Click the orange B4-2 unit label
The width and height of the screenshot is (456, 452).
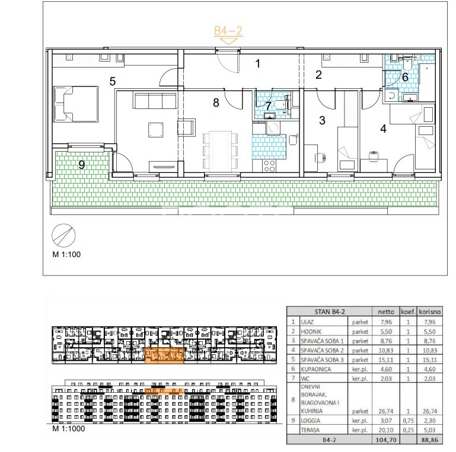pos(228,31)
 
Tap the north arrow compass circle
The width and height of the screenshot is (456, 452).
pos(63,235)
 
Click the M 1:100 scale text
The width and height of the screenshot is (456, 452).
pos(66,255)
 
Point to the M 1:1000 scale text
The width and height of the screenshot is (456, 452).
pos(69,428)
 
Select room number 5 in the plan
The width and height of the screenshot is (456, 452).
pos(113,81)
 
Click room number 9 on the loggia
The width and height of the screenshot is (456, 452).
pos(82,165)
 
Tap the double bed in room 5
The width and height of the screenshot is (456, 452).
pos(76,104)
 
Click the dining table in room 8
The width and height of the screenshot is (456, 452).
pos(221,150)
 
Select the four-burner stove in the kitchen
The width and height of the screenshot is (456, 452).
pos(269,166)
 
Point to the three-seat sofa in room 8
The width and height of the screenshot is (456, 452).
pos(155,101)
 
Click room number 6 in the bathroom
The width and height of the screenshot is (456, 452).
pos(405,77)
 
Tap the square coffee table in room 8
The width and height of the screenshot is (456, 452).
pos(155,130)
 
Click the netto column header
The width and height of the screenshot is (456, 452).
pos(386,312)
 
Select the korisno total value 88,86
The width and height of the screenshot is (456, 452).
pos(429,440)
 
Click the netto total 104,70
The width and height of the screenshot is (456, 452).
pos(386,440)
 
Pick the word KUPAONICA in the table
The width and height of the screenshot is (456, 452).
pos(316,369)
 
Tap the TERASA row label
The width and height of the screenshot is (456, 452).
pos(310,430)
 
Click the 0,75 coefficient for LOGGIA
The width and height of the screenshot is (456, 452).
pos(409,421)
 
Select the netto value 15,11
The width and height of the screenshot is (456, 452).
pos(386,360)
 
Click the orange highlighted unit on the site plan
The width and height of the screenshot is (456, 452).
pos(164,355)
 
